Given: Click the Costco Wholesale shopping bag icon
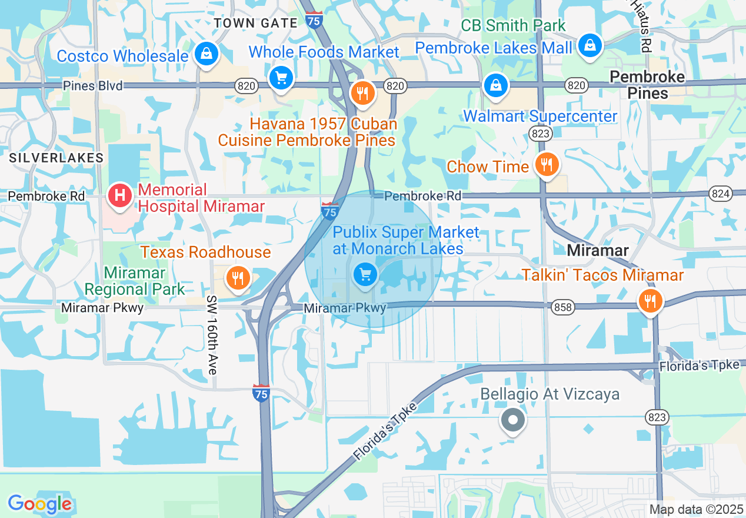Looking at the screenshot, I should pos(207,55).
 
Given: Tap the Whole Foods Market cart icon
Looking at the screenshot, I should pos(281,78).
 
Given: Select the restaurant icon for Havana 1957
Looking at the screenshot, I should pos(363,93).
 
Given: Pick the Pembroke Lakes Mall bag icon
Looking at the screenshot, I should pos(589,45).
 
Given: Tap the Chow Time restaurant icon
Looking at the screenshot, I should pos(547,165).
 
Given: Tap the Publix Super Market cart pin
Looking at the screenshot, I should pos(365,274).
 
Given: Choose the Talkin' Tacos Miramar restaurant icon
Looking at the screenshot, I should pos(650,301).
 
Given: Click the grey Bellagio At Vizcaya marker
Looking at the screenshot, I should pos(512,420).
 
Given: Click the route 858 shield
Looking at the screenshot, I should pos(562,307).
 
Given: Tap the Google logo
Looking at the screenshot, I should pos(39,504).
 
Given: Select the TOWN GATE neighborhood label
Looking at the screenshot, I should pos(256,23).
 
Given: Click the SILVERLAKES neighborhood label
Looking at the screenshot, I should pos(56,158).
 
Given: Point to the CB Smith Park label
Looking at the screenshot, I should pos(513,25).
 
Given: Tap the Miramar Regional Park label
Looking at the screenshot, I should pos(135,281).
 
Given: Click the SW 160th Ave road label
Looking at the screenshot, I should pos(212,334).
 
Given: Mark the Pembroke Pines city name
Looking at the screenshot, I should pos(647,85).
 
